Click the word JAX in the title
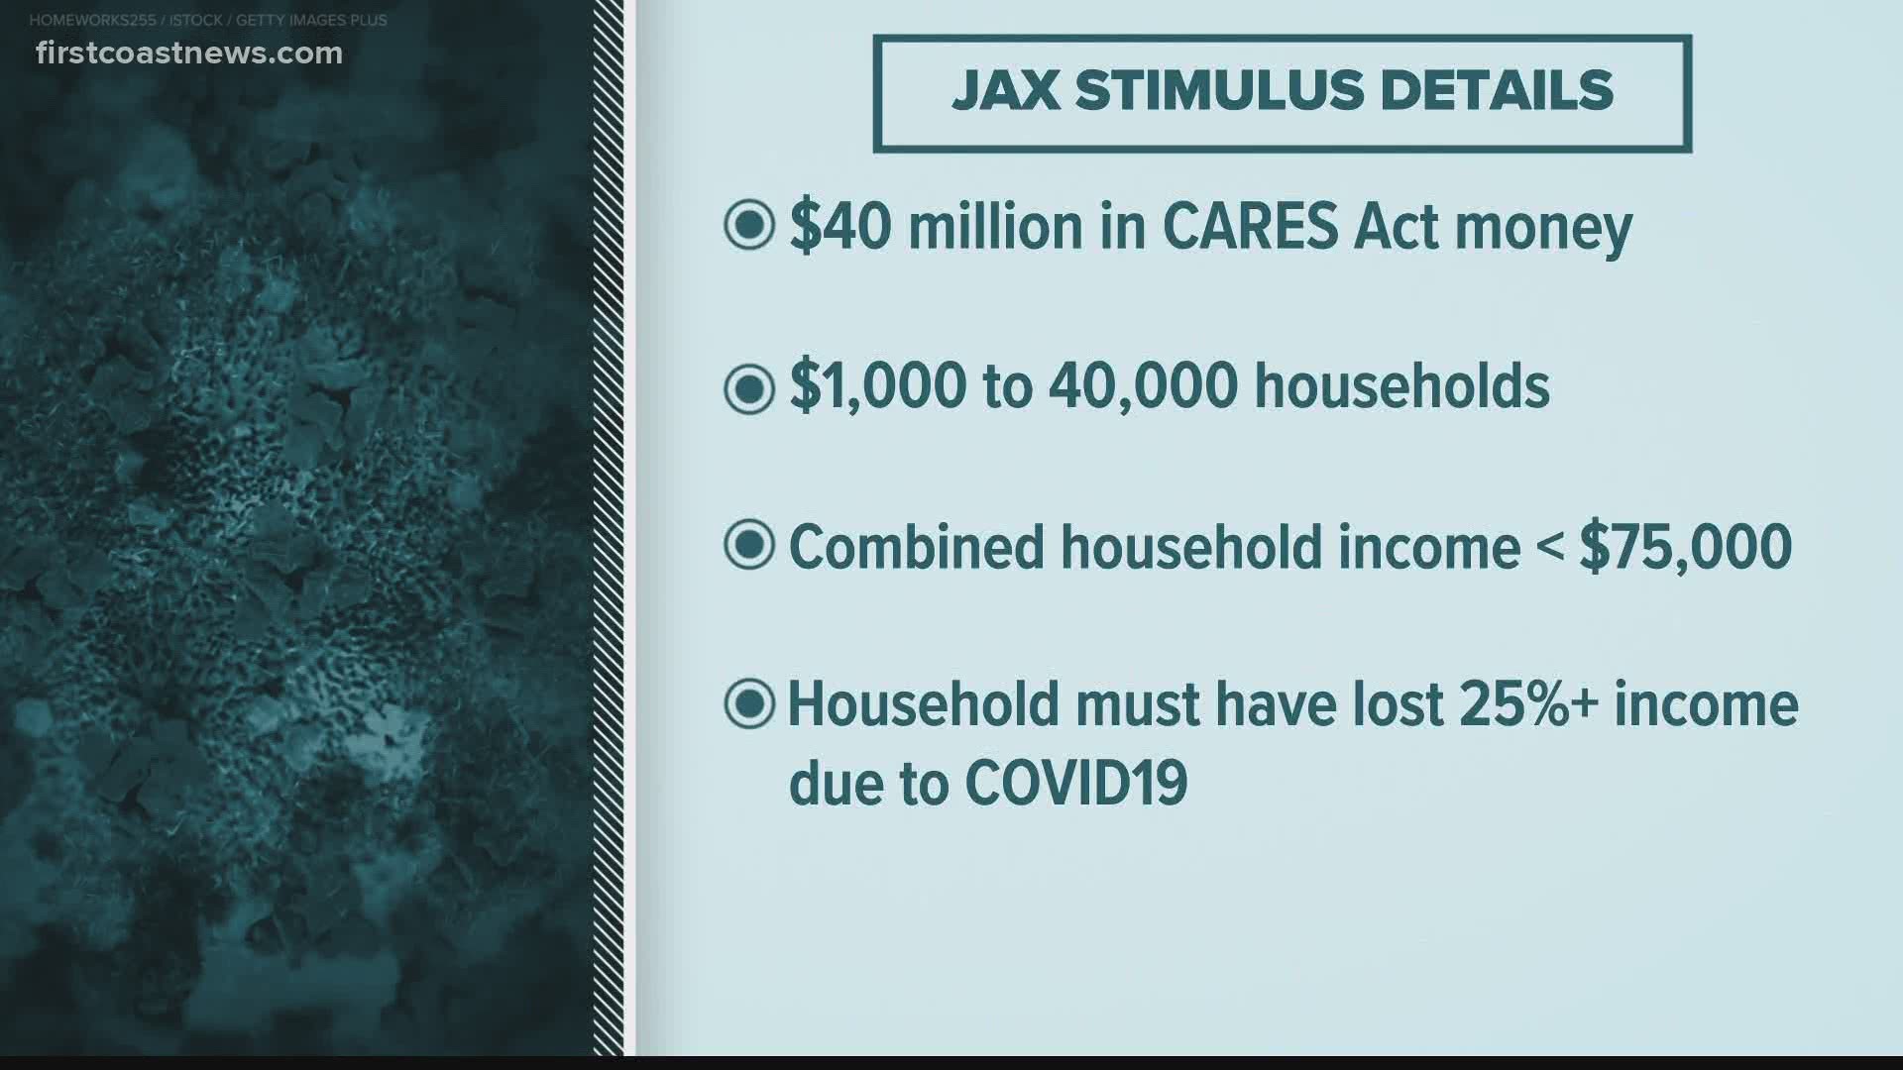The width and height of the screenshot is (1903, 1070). (x=1005, y=91)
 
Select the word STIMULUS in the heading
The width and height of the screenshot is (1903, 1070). (x=1218, y=91)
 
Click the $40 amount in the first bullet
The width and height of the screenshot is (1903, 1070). (x=840, y=227)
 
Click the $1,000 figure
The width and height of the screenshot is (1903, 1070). (x=877, y=386)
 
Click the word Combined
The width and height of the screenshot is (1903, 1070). (x=916, y=546)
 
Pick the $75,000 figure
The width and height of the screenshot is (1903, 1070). (x=1685, y=547)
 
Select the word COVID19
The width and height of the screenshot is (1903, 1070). (x=1075, y=784)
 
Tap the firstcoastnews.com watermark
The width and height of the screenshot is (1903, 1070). (x=189, y=53)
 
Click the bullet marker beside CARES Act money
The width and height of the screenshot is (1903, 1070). (x=748, y=226)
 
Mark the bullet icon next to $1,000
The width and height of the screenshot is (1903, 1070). (x=748, y=387)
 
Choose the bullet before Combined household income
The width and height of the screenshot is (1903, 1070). (x=748, y=545)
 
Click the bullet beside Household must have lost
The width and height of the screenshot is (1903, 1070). (x=748, y=704)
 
